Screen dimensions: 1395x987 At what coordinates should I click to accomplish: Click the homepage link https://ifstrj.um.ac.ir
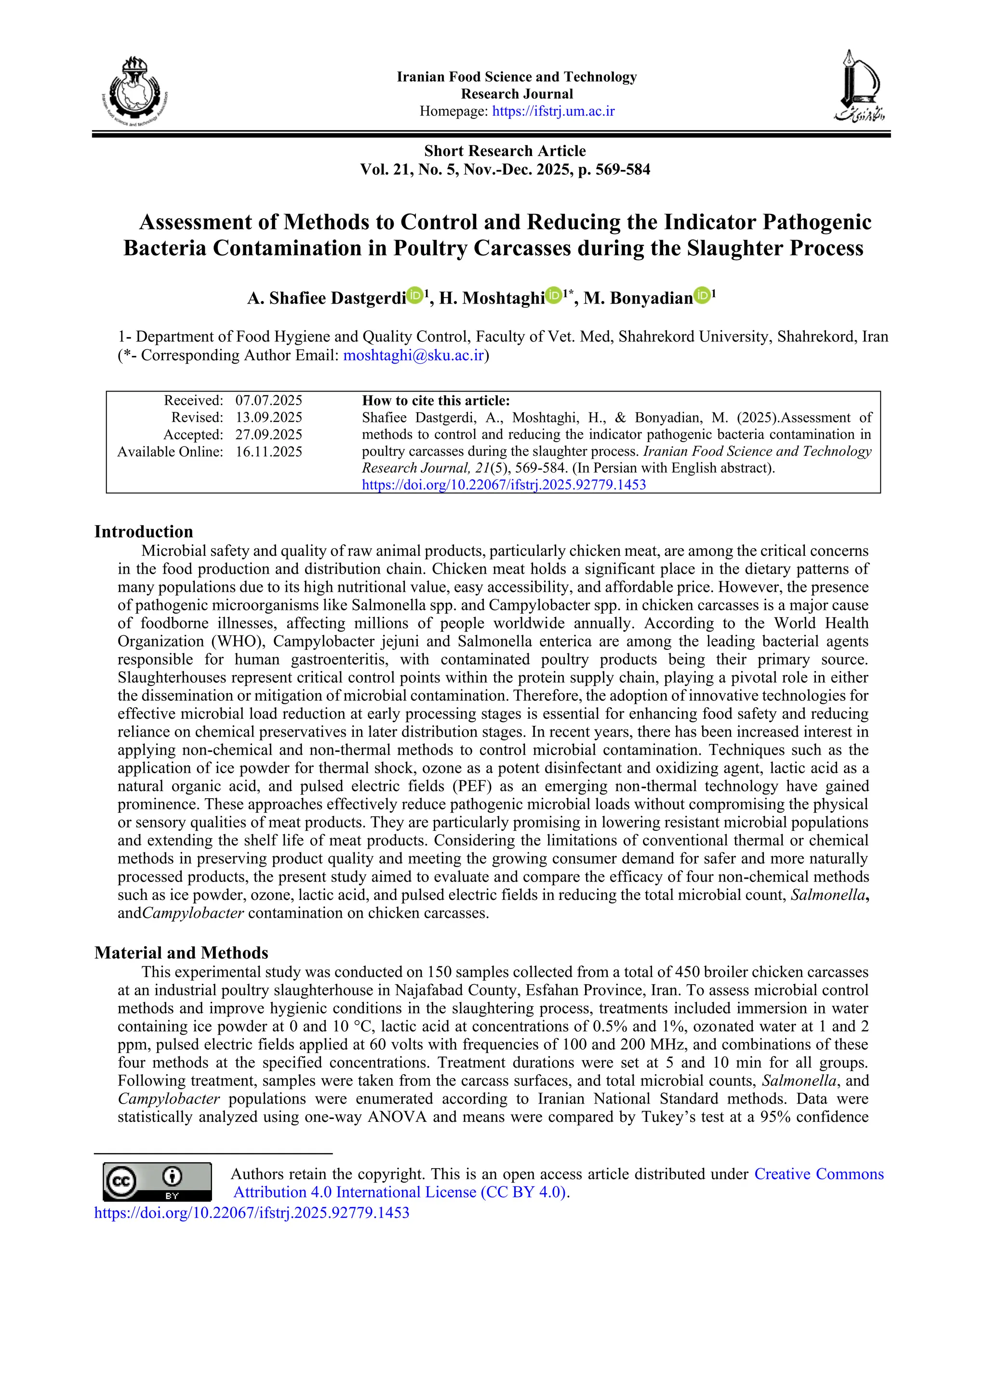(x=553, y=111)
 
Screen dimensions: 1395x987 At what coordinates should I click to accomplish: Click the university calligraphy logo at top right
(x=859, y=86)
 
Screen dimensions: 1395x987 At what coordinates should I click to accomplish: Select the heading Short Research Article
(x=505, y=151)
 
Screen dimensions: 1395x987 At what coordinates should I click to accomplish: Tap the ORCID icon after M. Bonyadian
(x=702, y=296)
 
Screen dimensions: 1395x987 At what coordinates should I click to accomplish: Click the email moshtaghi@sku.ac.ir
(x=413, y=355)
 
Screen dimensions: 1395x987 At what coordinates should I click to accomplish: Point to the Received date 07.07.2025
(x=268, y=400)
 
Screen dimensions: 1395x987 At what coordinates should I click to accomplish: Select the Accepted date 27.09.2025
(x=268, y=434)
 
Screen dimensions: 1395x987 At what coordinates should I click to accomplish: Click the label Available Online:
(x=170, y=451)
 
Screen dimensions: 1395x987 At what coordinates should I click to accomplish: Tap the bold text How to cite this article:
(x=436, y=400)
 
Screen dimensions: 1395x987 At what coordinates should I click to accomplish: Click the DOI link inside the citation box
(x=504, y=485)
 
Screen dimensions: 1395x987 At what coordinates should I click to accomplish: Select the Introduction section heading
(x=144, y=532)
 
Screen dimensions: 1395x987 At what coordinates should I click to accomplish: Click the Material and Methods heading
(x=181, y=953)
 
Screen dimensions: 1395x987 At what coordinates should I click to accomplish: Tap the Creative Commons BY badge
(x=157, y=1182)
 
